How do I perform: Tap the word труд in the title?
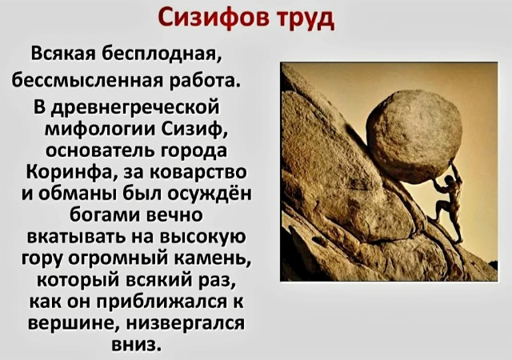306,20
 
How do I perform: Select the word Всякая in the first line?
62,54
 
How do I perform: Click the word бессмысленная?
86,80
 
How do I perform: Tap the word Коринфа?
70,172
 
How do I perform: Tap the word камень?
217,258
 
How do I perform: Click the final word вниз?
137,345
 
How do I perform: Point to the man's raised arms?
449,174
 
